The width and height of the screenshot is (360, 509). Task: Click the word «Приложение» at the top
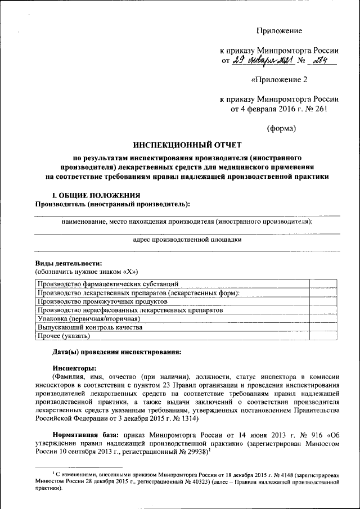(x=279, y=30)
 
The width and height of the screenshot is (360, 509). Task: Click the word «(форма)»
(x=280, y=128)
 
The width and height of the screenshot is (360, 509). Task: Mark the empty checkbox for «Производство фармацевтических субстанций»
(x=323, y=285)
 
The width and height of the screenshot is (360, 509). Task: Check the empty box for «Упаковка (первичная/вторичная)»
(x=323, y=318)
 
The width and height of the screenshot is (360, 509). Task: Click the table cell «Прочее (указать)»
(x=63, y=336)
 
